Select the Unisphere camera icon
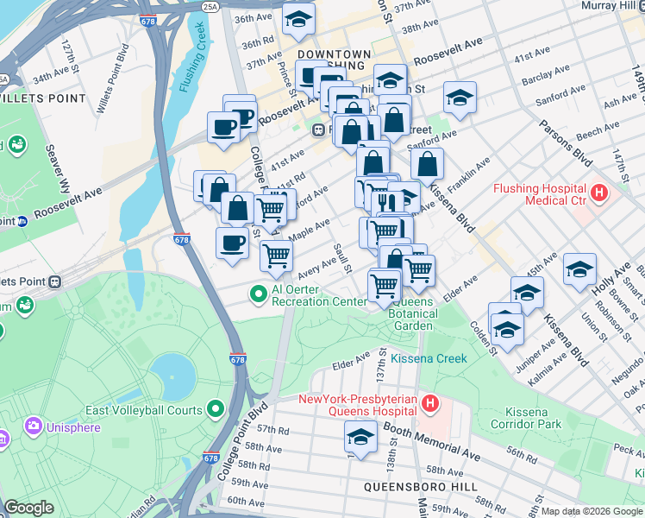[x=34, y=426]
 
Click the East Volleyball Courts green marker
[x=216, y=409]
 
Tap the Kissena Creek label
[x=429, y=358]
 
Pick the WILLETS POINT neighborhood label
[x=44, y=98]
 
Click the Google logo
[x=28, y=509]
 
